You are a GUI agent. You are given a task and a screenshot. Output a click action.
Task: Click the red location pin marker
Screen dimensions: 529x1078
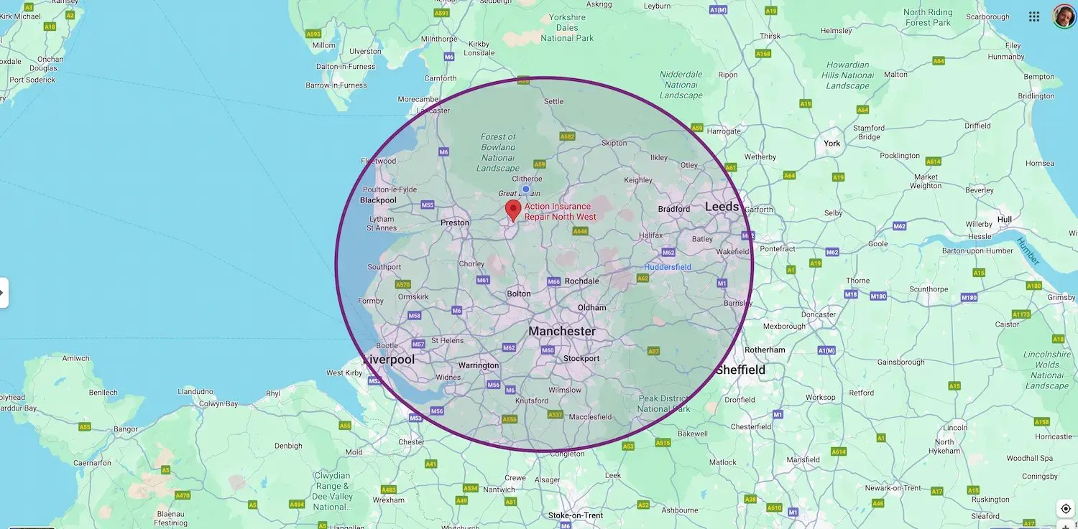[x=512, y=210]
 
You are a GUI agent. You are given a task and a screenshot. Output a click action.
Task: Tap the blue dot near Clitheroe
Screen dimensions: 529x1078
[x=525, y=189]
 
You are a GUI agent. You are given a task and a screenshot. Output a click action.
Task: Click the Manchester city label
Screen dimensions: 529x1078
[x=562, y=332]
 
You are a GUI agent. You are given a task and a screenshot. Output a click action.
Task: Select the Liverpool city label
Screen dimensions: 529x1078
[x=389, y=360]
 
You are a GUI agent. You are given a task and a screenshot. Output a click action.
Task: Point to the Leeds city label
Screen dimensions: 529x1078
[x=722, y=207]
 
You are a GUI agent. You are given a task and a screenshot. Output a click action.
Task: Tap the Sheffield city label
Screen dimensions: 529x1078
[x=740, y=370]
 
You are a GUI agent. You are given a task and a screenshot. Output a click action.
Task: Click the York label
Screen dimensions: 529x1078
[x=832, y=144]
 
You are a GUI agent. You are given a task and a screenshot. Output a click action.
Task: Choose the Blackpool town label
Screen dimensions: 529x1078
[x=378, y=200]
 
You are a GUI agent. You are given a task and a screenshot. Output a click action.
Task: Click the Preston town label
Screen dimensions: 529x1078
[x=454, y=223]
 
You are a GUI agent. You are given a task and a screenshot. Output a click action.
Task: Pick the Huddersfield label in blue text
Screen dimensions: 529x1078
[x=667, y=268]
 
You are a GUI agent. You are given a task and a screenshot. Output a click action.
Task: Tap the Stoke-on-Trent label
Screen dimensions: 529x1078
[x=576, y=515]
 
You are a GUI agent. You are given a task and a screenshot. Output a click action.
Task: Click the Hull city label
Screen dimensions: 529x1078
[x=1005, y=220]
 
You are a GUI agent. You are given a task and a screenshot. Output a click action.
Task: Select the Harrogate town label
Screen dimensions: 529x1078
[x=723, y=132]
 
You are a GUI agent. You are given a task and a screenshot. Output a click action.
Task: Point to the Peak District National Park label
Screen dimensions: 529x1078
[x=663, y=404]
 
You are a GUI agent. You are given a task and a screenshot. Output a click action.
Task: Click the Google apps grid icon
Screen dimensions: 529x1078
[x=1034, y=17]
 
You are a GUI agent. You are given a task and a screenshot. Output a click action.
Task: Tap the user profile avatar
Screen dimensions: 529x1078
[x=1064, y=17]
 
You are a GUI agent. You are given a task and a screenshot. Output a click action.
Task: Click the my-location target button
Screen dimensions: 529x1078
[x=1066, y=509]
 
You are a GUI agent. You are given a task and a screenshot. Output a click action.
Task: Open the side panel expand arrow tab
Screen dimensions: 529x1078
[x=4, y=292]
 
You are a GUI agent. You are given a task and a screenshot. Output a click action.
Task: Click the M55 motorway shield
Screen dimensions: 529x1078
[x=428, y=205]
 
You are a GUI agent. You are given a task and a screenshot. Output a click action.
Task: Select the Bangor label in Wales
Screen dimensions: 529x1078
[x=126, y=430]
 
